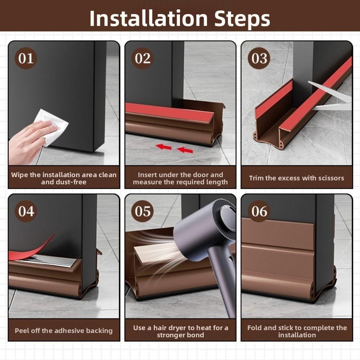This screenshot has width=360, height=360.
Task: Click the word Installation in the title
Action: point(149,19)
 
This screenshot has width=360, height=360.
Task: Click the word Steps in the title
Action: point(242,19)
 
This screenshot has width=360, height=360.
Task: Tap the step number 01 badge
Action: point(26,58)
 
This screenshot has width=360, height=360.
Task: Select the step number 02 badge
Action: point(143,58)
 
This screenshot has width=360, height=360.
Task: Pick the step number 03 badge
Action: point(259,58)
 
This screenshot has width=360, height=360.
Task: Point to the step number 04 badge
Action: point(26,211)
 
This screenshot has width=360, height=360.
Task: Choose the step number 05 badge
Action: point(143,211)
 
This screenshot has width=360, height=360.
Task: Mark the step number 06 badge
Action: point(259,211)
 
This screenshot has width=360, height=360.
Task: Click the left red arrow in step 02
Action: point(163,147)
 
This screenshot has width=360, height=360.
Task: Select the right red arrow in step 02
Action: point(185,150)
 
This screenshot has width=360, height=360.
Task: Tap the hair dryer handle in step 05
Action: point(224,282)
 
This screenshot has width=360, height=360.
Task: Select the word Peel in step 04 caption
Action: point(21,330)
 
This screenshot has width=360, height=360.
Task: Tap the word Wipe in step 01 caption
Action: point(19,175)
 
